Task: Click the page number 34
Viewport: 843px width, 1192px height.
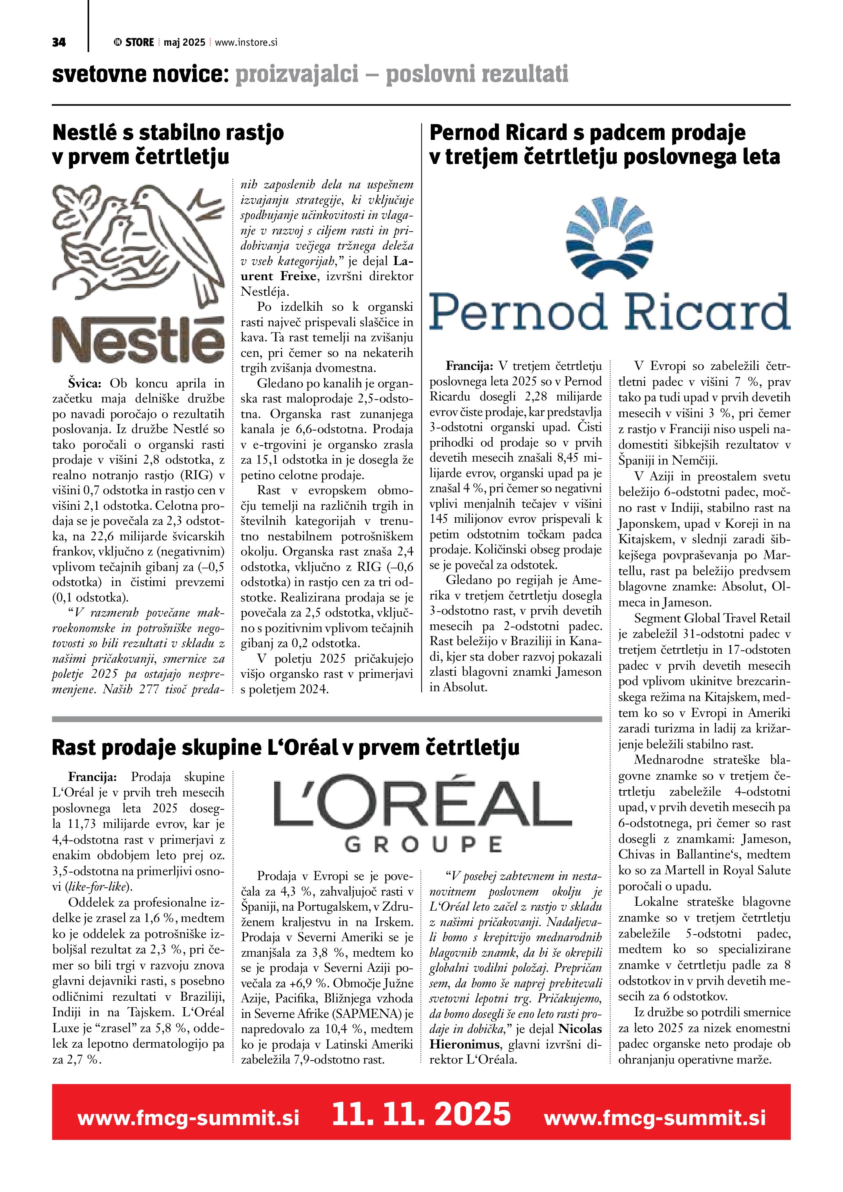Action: click(59, 42)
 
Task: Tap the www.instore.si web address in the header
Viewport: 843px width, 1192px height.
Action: click(246, 42)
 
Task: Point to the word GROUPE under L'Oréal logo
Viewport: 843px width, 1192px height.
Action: click(423, 844)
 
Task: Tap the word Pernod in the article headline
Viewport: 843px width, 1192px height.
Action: click(464, 133)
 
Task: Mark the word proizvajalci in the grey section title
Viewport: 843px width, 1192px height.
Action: click(297, 74)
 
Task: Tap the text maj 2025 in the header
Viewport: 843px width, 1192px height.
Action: click(184, 42)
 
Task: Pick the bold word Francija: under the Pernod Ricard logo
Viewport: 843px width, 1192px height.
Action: click(469, 366)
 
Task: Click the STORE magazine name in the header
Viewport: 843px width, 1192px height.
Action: click(139, 42)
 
